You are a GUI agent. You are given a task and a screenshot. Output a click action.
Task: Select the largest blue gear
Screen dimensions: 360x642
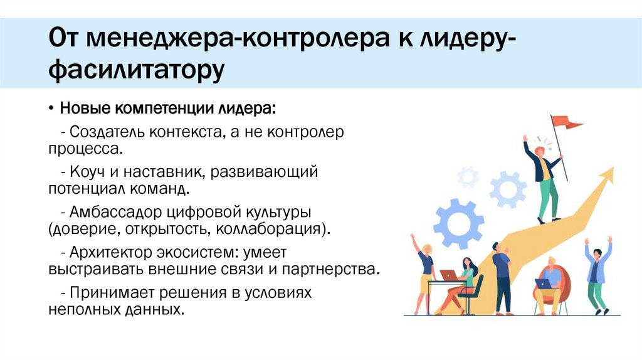pyautogui.click(x=459, y=223)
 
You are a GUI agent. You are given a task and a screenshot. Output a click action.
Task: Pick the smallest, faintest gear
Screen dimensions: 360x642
pyautogui.click(x=468, y=177)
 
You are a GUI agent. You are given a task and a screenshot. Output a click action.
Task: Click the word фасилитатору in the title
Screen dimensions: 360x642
pyautogui.click(x=136, y=70)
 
